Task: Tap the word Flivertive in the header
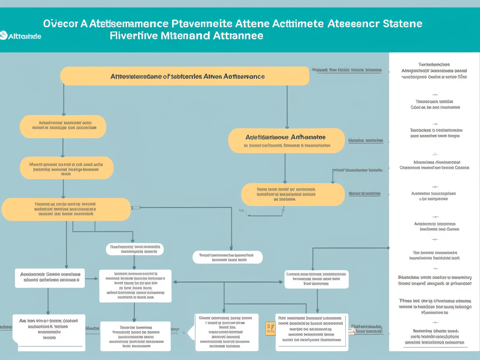pos(133,36)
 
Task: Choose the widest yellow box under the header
pos(185,76)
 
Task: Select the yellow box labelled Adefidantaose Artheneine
pos(286,141)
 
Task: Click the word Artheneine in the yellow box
pos(307,137)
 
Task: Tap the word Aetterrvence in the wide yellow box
pos(244,76)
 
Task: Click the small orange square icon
pos(270,328)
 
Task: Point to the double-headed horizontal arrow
pos(229,282)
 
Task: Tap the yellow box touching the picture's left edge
pos(66,210)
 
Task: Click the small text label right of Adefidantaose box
pos(366,140)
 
